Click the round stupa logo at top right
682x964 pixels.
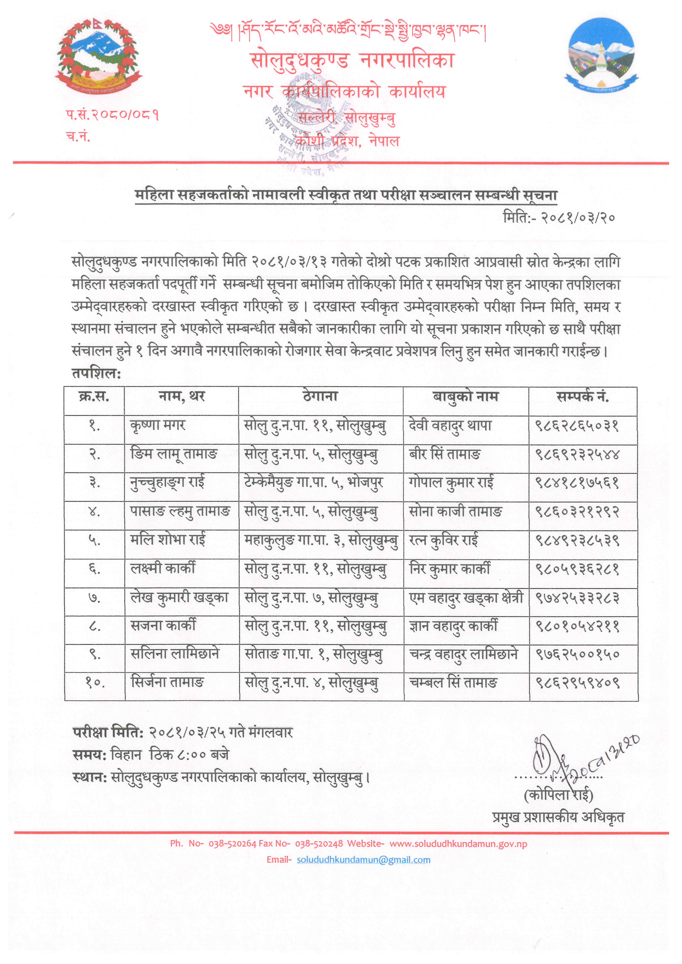(601, 55)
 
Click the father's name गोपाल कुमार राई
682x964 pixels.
(451, 483)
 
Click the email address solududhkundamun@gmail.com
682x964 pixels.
(363, 860)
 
